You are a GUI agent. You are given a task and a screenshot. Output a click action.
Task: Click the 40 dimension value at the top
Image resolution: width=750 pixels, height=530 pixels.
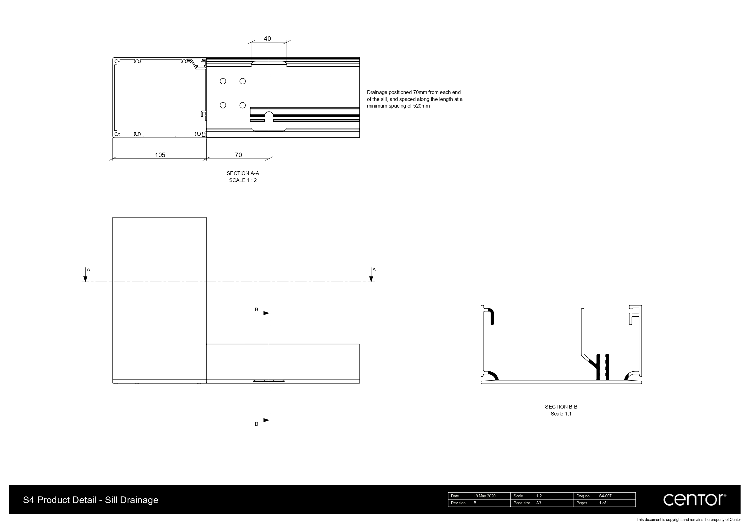267,39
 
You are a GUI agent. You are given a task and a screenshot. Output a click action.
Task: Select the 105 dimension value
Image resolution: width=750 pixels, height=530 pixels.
160,155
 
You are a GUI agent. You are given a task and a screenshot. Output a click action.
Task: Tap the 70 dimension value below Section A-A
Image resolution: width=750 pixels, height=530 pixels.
239,155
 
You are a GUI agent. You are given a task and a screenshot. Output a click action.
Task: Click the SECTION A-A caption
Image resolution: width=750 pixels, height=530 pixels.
243,173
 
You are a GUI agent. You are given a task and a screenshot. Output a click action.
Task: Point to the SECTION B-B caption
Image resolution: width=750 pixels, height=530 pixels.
561,406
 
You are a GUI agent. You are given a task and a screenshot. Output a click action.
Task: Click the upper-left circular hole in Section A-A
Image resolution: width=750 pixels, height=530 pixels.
223,81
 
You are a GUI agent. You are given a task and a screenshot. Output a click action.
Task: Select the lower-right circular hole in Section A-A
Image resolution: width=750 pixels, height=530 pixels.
242,105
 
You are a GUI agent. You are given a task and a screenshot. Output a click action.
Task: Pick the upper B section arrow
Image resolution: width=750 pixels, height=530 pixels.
266,313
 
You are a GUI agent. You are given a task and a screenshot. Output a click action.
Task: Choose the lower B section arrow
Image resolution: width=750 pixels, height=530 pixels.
266,420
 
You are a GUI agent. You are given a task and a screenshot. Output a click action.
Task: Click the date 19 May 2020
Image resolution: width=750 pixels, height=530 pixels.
484,496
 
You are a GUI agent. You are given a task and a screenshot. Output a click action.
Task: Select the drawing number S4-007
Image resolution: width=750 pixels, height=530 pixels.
605,496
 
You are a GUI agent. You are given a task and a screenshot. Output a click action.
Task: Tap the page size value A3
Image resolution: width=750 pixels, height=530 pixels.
539,503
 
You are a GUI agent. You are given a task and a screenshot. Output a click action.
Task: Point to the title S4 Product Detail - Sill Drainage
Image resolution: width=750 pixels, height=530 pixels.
90,500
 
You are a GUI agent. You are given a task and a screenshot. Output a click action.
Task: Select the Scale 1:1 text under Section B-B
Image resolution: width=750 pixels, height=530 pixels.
561,414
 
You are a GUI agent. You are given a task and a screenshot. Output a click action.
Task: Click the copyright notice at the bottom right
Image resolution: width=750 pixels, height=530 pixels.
689,519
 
